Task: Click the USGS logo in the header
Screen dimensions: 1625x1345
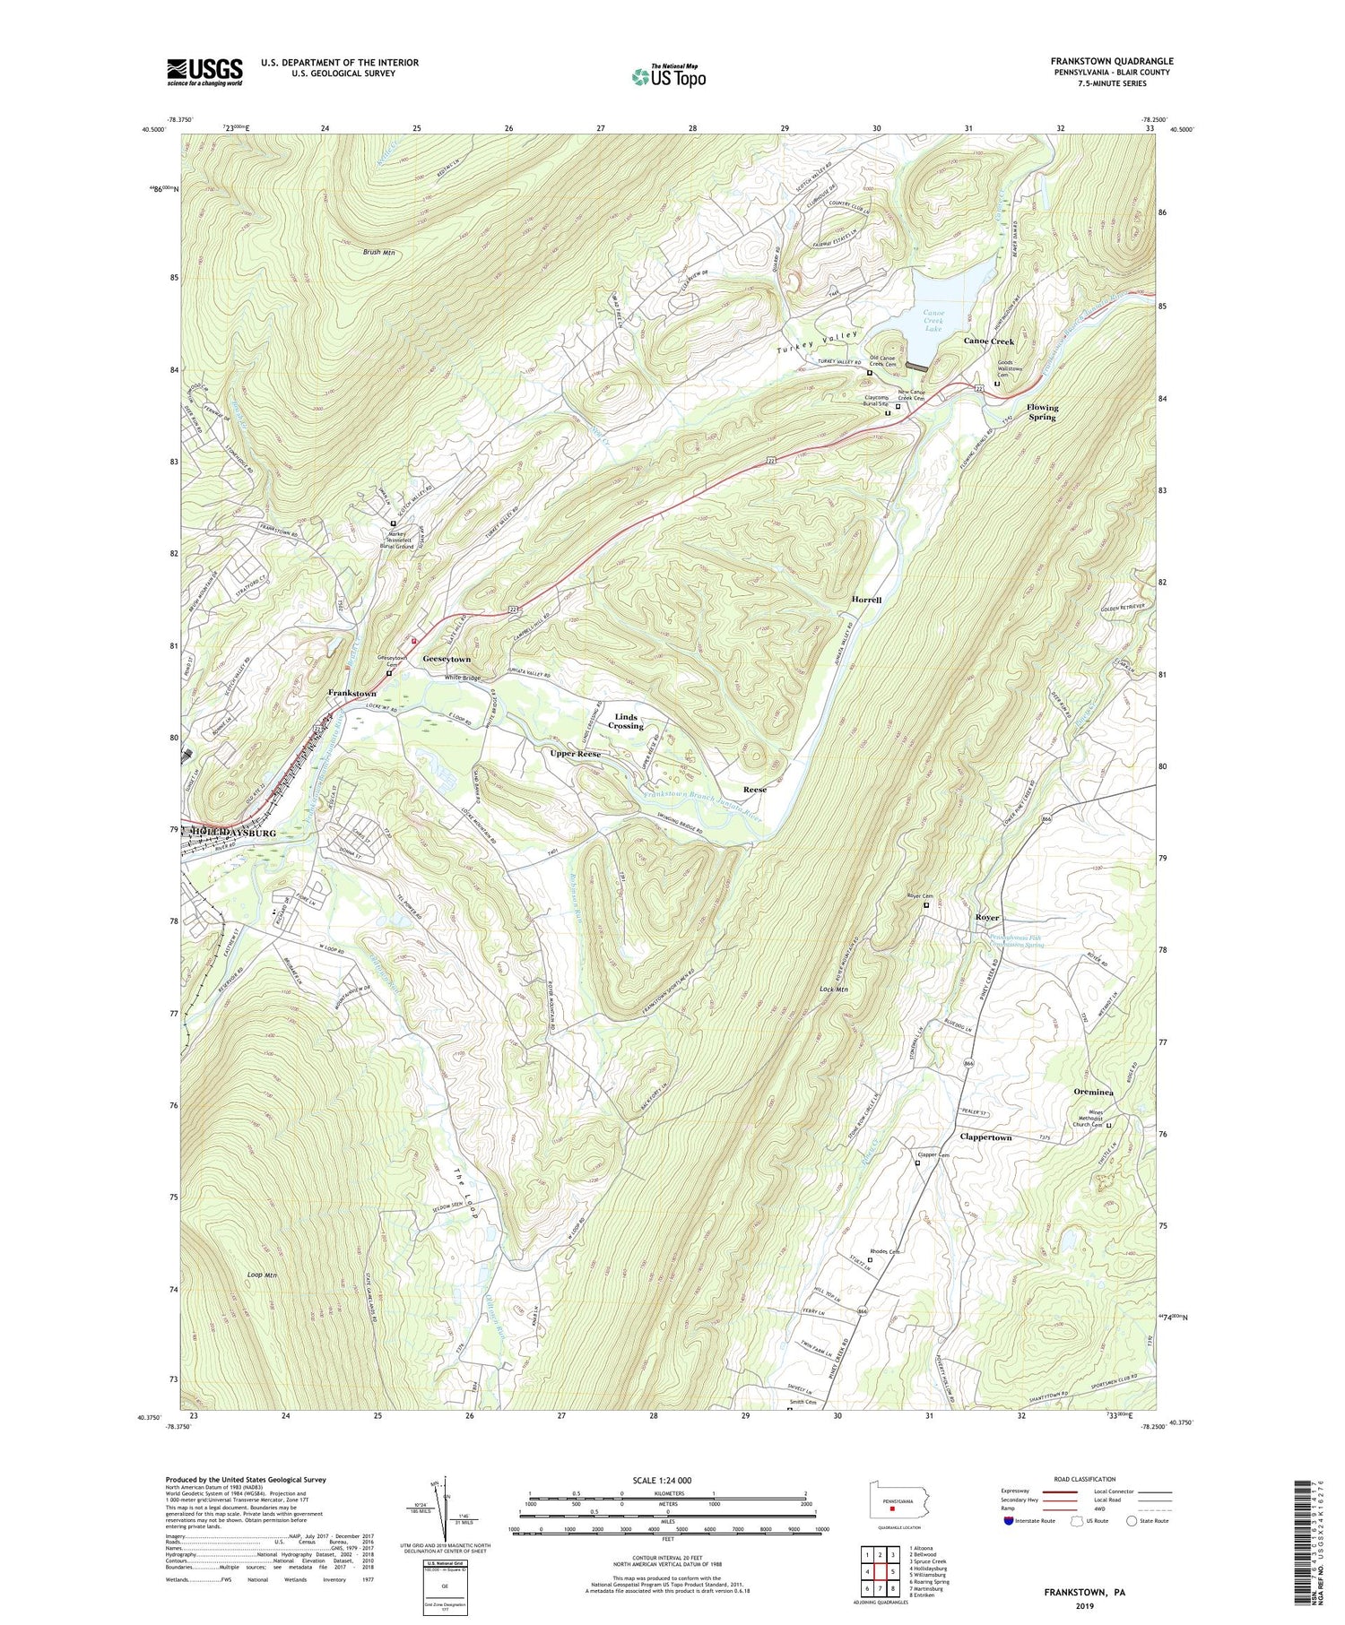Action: click(x=204, y=72)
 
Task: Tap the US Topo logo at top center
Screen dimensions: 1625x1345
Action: click(x=668, y=77)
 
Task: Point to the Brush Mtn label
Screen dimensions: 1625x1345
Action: click(x=379, y=253)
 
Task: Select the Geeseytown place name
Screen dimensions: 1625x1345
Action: click(x=447, y=659)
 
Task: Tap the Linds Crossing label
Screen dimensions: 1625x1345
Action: click(x=626, y=722)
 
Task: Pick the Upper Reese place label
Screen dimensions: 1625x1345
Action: click(x=575, y=754)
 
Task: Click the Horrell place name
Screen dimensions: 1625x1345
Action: click(x=868, y=599)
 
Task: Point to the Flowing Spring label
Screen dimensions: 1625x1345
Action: click(x=1043, y=412)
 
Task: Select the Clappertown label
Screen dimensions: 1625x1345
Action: click(x=985, y=1137)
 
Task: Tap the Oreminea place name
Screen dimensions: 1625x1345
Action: click(x=1093, y=1092)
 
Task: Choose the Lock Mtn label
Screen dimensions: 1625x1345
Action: click(x=833, y=990)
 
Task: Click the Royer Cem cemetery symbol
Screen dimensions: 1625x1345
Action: click(x=927, y=905)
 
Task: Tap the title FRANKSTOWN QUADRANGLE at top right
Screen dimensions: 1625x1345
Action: click(x=1111, y=61)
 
